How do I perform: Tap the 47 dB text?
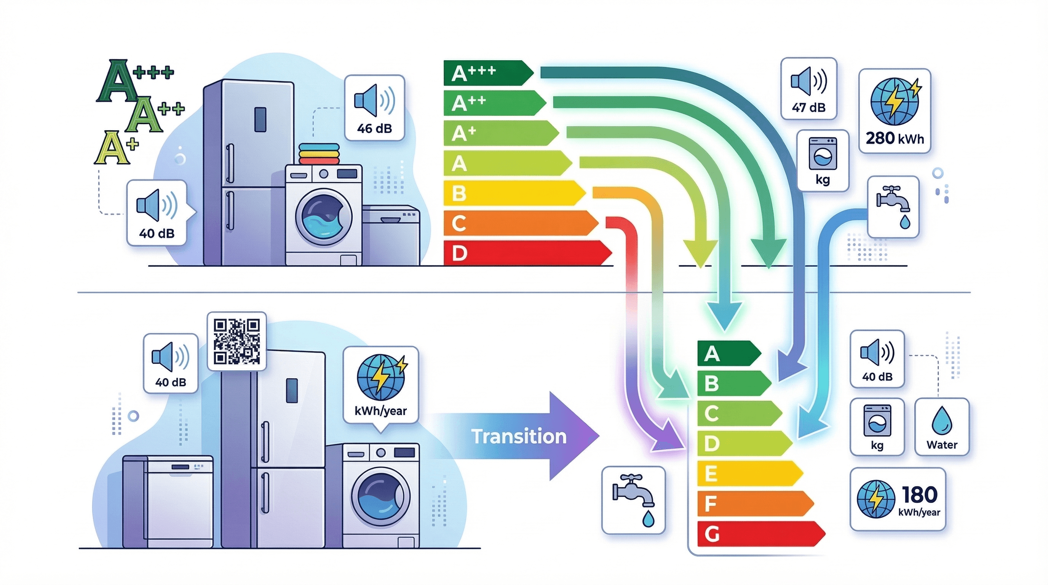(808, 107)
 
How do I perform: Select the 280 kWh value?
(894, 139)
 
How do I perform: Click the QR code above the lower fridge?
(237, 341)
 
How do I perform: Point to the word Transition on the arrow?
(519, 436)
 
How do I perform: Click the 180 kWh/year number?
(919, 495)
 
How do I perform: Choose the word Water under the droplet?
(942, 444)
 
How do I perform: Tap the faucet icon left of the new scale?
(633, 499)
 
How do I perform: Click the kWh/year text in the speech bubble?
(380, 411)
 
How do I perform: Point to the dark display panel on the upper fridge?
(260, 119)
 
